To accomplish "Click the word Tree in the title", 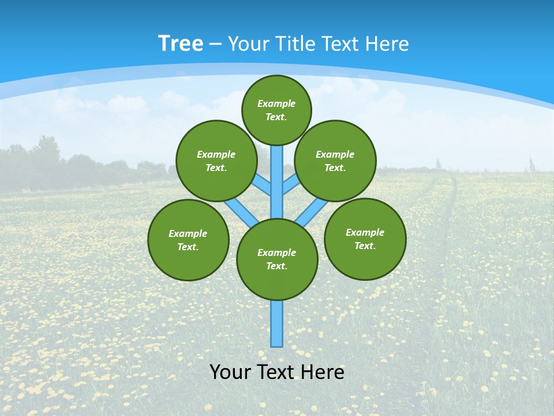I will (x=181, y=43).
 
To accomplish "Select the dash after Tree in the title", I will (x=215, y=44).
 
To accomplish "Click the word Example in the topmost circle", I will (x=276, y=103).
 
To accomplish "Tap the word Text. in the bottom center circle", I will (x=276, y=266).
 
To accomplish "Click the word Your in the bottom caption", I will (x=230, y=372).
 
